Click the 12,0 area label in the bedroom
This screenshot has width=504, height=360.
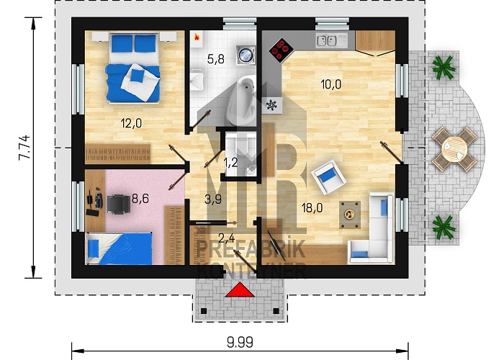131,123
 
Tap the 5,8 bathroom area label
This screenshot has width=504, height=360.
216,59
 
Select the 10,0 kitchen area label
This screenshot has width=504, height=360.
331,84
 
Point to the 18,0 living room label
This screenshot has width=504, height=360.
312,208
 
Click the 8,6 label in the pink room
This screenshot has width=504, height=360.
140,199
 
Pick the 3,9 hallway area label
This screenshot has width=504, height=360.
213,199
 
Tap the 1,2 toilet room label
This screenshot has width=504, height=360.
231,163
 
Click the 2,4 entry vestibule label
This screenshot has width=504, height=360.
227,238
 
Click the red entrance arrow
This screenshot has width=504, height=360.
240,290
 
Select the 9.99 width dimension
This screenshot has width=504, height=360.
240,342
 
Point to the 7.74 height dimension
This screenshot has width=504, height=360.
24,148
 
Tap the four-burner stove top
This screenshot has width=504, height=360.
282,50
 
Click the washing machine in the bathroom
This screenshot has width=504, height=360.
246,54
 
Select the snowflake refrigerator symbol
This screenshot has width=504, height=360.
272,105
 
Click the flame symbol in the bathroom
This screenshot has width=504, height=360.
197,37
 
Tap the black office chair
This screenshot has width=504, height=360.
119,204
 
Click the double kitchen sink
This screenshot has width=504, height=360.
327,41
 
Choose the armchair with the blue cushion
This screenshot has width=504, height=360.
328,177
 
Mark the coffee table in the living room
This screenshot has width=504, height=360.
350,215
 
